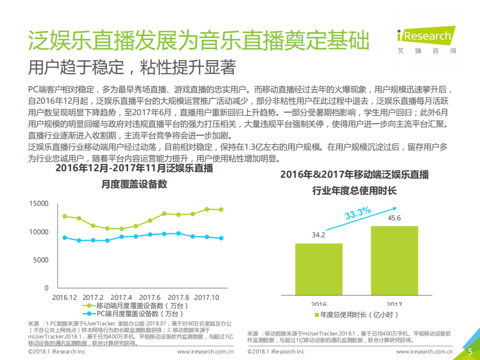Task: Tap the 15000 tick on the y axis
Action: pos(39,204)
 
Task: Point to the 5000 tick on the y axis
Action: pos(41,260)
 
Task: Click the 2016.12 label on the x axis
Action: pos(65,297)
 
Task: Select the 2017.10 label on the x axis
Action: pos(207,297)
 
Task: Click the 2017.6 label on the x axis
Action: pos(150,297)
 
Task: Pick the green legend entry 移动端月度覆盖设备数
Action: pos(138,305)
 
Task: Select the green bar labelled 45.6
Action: pos(394,264)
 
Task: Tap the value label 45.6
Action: pos(394,218)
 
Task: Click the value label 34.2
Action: pos(319,235)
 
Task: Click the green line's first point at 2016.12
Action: pos(65,216)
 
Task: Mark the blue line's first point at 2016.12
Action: pos(65,238)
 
